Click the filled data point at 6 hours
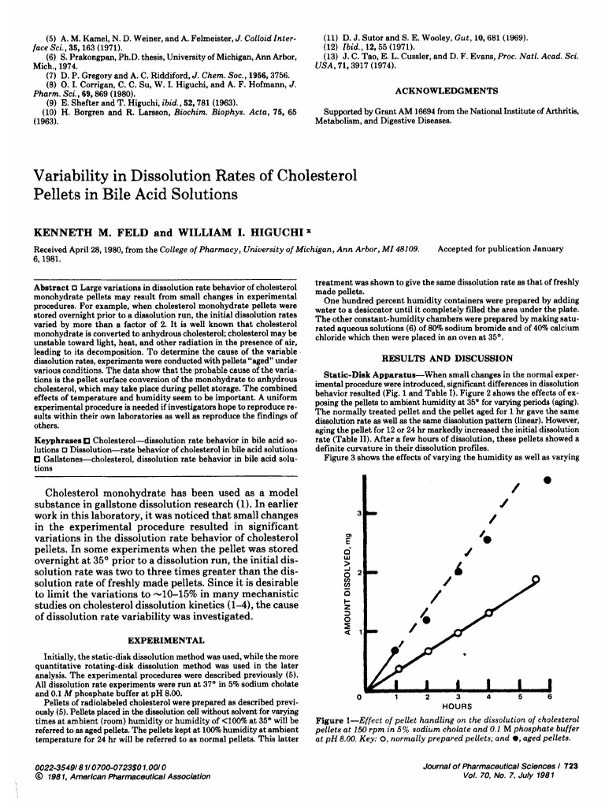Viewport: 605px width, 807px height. pyautogui.click(x=547, y=479)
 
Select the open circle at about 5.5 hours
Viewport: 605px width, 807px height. pyautogui.click(x=536, y=579)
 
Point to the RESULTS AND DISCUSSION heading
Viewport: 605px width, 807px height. pyautogui.click(x=447, y=358)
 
